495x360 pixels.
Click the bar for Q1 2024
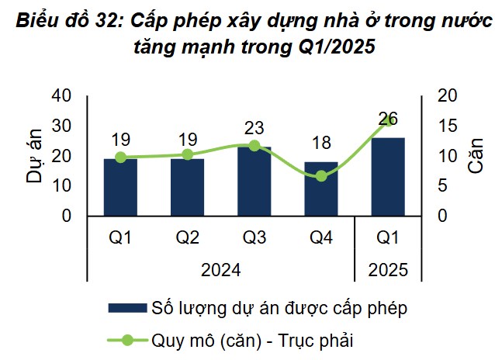[x=120, y=187]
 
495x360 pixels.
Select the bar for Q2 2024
[x=187, y=187]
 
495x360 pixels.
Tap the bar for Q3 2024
[x=254, y=181]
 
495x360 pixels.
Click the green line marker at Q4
[x=321, y=176]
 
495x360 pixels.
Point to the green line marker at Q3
[x=254, y=145]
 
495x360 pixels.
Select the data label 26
[x=388, y=119]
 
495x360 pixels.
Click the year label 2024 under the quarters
[x=220, y=271]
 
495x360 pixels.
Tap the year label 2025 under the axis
[x=387, y=271]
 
